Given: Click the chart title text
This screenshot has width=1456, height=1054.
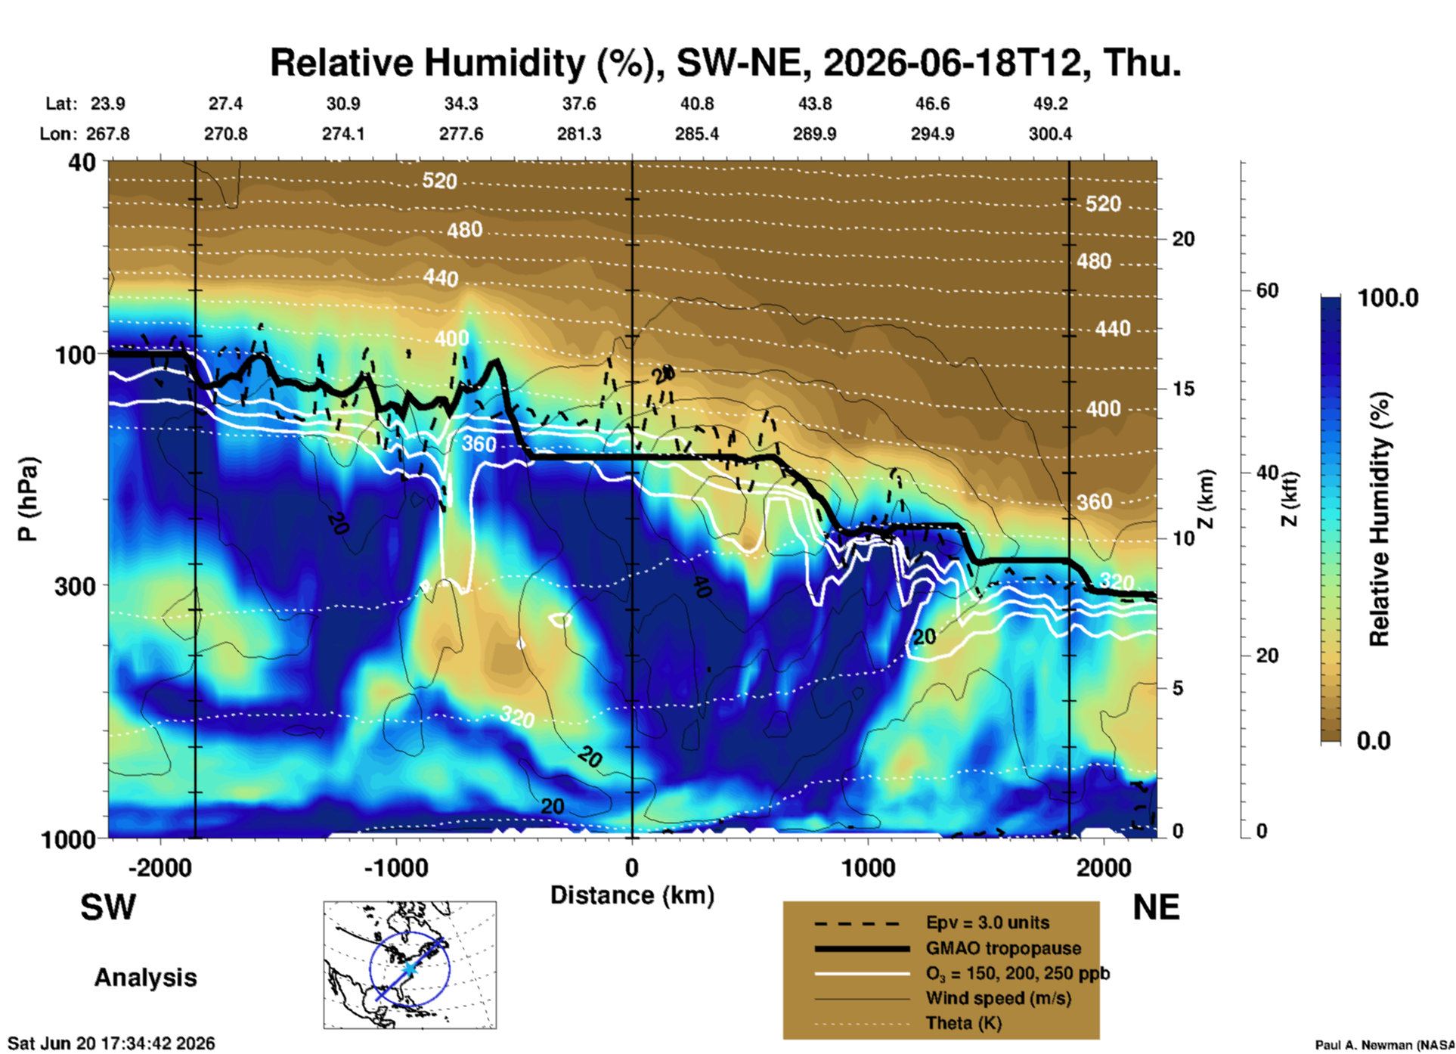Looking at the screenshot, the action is tap(725, 63).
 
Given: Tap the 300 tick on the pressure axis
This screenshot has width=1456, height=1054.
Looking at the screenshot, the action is tap(75, 586).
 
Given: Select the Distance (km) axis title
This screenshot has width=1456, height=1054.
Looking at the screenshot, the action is tap(632, 895).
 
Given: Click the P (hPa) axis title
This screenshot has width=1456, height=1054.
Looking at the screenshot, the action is tap(27, 499).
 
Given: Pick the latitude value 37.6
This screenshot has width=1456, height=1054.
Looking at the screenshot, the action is tap(579, 104).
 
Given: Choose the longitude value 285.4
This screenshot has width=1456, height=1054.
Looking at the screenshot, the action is tap(697, 134).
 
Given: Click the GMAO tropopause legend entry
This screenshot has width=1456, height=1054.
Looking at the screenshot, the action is tap(1003, 948).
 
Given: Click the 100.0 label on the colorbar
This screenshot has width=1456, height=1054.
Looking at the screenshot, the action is tap(1388, 298).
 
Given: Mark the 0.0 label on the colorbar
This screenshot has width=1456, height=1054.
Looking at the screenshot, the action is tap(1374, 741).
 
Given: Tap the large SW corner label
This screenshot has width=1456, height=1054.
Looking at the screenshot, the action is tap(108, 907).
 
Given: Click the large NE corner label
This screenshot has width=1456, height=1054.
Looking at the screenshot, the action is tap(1156, 907).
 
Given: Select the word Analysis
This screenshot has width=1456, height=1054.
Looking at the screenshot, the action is tap(145, 978).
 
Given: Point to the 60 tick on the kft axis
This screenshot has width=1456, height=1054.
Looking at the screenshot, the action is tap(1267, 290).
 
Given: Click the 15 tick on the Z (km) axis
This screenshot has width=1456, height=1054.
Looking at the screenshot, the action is tap(1183, 389).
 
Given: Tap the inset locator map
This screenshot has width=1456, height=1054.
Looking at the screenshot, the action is tap(410, 965).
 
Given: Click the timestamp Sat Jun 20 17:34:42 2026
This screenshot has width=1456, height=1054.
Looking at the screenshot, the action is tap(111, 1043).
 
